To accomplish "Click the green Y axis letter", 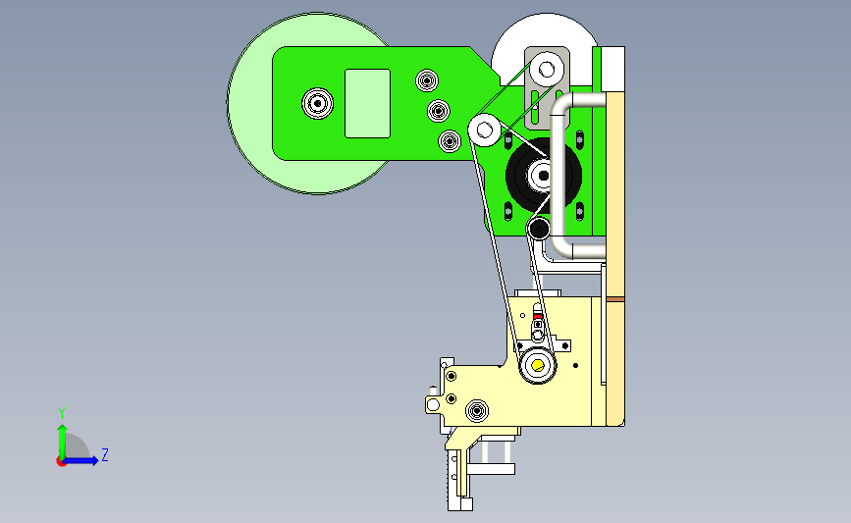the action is coord(62,413).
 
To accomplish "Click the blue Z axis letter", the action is coord(105,454).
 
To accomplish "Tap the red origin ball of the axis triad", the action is coord(61,461).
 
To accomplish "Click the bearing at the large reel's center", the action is coord(317,103).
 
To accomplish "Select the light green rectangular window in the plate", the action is coord(367,103).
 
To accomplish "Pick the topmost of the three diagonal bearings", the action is coord(427,80).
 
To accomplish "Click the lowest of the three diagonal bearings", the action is coord(450,141).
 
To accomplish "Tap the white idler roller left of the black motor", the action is coord(484,131).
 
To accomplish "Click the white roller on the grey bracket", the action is coord(547,70).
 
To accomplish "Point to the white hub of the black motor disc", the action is coord(542,175).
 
